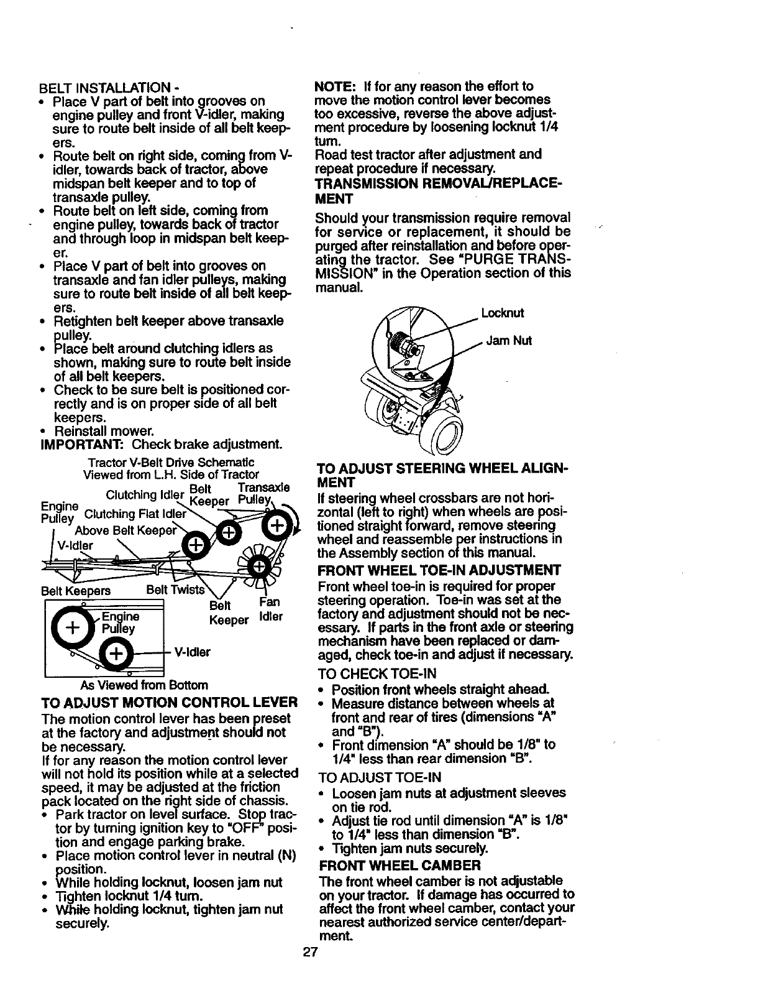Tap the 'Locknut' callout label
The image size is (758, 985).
pyautogui.click(x=503, y=313)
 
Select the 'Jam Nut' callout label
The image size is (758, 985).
pyautogui.click(x=507, y=341)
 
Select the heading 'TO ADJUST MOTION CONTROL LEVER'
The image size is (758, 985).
pyautogui.click(x=169, y=703)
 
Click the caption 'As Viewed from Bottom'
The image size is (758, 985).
pyautogui.click(x=144, y=685)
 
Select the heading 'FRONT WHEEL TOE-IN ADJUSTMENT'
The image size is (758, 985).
pyautogui.click(x=439, y=570)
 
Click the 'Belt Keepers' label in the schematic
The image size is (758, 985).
pyautogui.click(x=75, y=590)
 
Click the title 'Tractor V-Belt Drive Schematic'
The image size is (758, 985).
pyautogui.click(x=171, y=463)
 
